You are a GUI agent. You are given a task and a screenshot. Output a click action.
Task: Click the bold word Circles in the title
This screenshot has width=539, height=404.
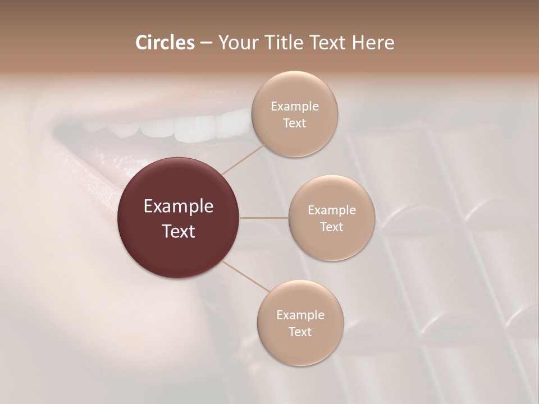coord(165,43)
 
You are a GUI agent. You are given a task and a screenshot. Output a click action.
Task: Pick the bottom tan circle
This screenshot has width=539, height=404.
coord(300,348)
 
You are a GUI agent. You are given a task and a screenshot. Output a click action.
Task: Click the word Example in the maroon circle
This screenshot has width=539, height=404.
coord(179,206)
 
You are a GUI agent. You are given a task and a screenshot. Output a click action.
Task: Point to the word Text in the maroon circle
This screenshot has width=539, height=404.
coord(179,231)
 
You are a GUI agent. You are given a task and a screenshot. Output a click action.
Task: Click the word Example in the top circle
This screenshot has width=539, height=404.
coord(294,107)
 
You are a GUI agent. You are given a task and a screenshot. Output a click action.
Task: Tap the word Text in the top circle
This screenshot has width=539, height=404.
coord(294,123)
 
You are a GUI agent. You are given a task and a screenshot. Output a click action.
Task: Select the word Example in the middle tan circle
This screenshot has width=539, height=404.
coord(331,210)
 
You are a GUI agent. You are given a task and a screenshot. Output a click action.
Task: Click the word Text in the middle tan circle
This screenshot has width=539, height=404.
coord(331,227)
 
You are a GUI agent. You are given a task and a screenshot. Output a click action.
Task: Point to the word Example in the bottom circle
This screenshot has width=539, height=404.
coord(300,315)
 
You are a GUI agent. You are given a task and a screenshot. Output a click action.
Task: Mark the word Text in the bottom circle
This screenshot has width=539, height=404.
coord(300,332)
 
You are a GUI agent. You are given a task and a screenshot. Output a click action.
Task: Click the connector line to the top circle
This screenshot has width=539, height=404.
coord(243,159)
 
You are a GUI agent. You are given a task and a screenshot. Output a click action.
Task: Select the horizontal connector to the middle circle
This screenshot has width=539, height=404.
coord(264,218)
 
